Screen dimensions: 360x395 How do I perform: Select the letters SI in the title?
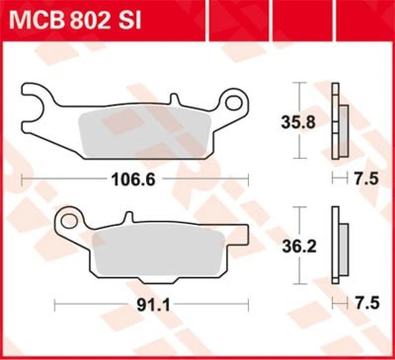129,21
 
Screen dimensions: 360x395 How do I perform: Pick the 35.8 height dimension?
298,122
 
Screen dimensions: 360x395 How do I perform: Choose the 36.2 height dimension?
298,246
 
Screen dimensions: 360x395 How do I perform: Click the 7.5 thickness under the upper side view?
366,180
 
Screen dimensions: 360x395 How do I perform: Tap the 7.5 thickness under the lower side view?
366,304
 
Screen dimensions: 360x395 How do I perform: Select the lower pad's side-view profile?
339,245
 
